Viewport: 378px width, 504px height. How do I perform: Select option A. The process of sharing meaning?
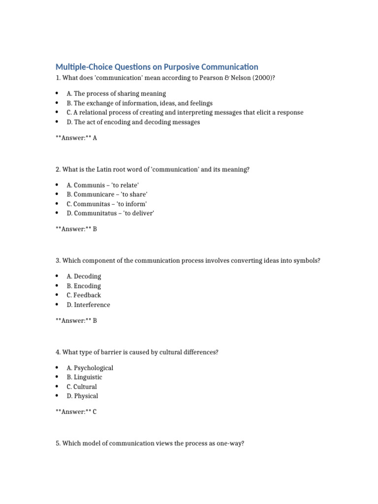point(116,94)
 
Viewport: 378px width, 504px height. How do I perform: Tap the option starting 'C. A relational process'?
point(185,113)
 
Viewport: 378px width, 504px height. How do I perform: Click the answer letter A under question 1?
point(94,138)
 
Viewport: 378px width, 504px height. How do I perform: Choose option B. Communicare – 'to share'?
point(107,194)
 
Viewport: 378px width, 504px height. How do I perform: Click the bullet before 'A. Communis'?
point(57,185)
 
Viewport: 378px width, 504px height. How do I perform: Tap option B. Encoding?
point(84,286)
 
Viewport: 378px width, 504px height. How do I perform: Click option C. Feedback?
point(84,295)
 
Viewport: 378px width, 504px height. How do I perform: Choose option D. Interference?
point(89,305)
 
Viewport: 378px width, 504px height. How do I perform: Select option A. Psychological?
point(90,368)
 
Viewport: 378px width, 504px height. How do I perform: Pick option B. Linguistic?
point(85,378)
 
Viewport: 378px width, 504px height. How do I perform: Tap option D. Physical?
point(82,396)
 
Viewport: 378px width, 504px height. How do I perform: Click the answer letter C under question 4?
point(94,412)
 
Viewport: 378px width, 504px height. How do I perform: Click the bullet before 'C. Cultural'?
point(57,387)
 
